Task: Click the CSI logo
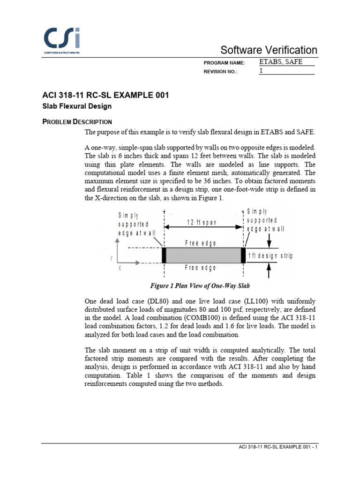(x=61, y=40)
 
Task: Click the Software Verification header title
(x=269, y=50)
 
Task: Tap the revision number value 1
(x=261, y=71)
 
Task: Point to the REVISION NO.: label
(x=221, y=72)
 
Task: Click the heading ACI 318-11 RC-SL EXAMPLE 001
(x=105, y=95)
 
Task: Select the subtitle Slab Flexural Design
(x=77, y=106)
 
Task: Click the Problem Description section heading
(x=77, y=122)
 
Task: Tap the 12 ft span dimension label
(x=202, y=223)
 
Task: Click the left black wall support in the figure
(x=164, y=255)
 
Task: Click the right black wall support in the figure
(x=243, y=255)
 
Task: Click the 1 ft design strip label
(x=270, y=255)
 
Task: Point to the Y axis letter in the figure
(x=111, y=258)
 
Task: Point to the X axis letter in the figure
(x=120, y=269)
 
